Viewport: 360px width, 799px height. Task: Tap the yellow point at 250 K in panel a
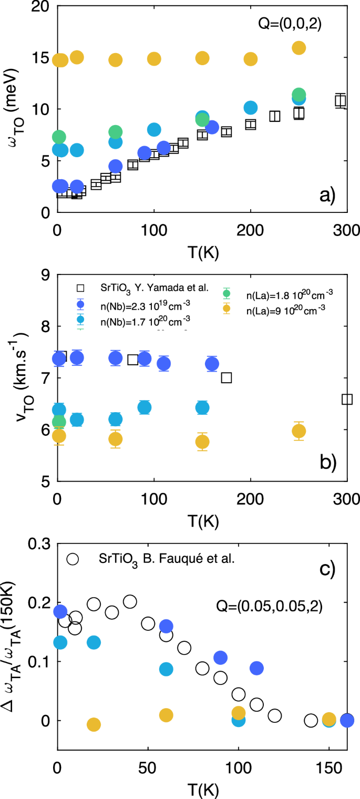click(x=299, y=48)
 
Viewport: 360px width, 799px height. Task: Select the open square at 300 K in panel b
click(x=347, y=399)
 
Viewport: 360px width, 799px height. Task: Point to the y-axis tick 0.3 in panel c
click(x=37, y=542)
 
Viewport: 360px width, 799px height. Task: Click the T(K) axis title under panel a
click(x=202, y=251)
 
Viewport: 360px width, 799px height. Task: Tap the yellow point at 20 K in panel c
click(x=94, y=724)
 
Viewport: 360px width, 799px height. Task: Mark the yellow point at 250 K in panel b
click(x=299, y=431)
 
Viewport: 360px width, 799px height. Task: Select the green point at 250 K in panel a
click(x=299, y=95)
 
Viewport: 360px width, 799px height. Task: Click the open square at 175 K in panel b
click(x=227, y=377)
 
